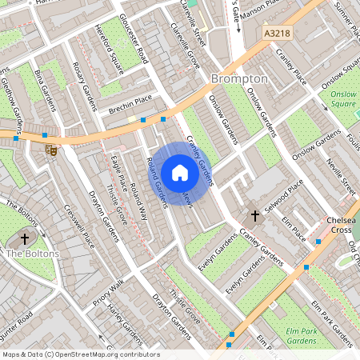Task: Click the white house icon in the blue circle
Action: click(x=180, y=172)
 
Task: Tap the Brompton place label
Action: click(x=239, y=79)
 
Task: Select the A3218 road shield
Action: click(x=276, y=34)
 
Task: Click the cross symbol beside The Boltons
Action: click(x=25, y=238)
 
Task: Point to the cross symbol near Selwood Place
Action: click(x=256, y=215)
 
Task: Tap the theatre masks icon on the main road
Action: click(x=51, y=150)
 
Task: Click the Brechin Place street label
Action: click(x=130, y=103)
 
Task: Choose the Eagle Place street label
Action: click(x=118, y=170)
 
